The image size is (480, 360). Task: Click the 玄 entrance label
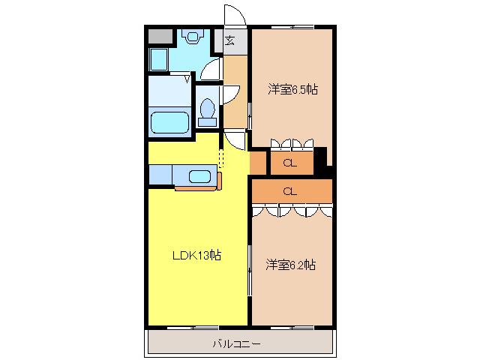point(229,40)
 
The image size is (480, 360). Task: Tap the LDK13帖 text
point(196,255)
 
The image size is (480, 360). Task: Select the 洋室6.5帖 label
point(293,89)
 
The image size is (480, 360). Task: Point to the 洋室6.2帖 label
point(290,265)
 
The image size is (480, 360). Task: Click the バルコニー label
point(237,344)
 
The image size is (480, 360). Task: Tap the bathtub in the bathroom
point(169,122)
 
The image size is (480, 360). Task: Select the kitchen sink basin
point(199,177)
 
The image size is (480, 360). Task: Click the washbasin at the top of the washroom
point(192,37)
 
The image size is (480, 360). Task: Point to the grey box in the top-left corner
point(160,37)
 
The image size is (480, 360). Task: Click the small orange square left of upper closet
point(258,163)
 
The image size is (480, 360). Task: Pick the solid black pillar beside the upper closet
point(320,162)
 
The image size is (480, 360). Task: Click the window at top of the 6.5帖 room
point(292,27)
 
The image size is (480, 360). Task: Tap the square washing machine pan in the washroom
point(159,59)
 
